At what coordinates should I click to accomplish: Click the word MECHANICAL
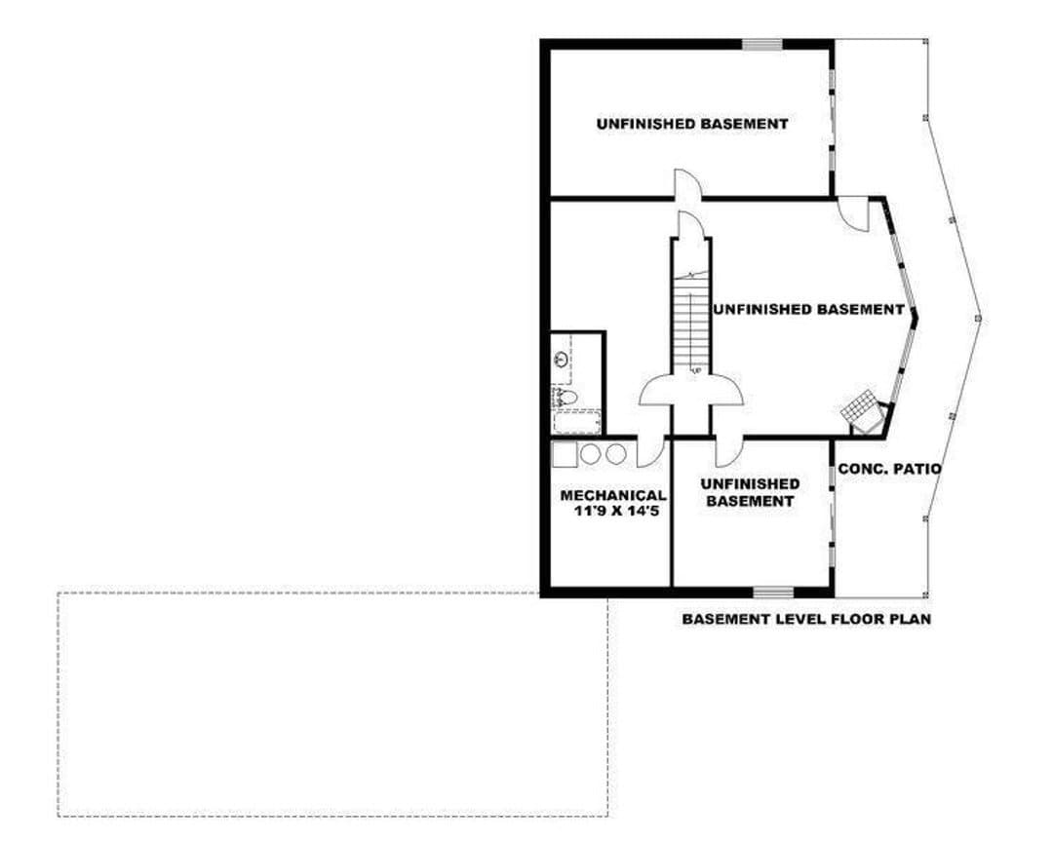(613, 495)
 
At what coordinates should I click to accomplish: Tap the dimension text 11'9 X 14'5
(614, 511)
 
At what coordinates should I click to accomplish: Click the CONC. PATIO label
(889, 469)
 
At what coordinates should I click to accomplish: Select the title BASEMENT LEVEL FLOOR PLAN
(806, 619)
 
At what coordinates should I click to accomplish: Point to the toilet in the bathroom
(565, 397)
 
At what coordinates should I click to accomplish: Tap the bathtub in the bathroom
(577, 423)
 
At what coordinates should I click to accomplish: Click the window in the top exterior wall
(762, 44)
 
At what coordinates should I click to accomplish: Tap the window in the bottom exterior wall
(773, 592)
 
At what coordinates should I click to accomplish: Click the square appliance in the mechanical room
(565, 454)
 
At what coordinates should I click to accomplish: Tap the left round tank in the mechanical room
(590, 454)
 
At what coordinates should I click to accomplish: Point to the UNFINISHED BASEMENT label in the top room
(692, 124)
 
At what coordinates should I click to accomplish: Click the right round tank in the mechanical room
(616, 454)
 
